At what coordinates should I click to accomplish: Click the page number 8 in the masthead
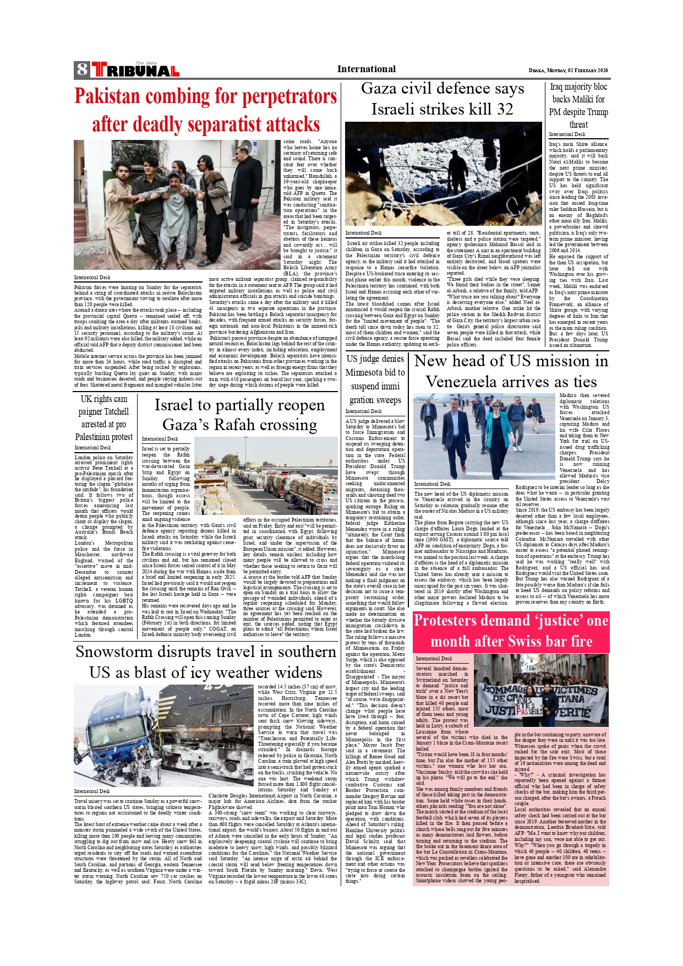(x=82, y=69)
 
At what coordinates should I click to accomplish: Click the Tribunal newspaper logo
(x=135, y=70)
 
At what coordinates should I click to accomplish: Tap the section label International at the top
(x=366, y=69)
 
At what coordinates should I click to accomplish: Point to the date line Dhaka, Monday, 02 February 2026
(x=568, y=70)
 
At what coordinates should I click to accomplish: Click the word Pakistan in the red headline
(x=107, y=96)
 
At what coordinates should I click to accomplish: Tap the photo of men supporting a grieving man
(x=177, y=204)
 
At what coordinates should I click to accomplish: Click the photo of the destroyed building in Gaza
(x=443, y=174)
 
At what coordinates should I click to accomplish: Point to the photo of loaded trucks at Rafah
(x=266, y=476)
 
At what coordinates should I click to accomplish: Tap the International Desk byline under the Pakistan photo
(x=92, y=278)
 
